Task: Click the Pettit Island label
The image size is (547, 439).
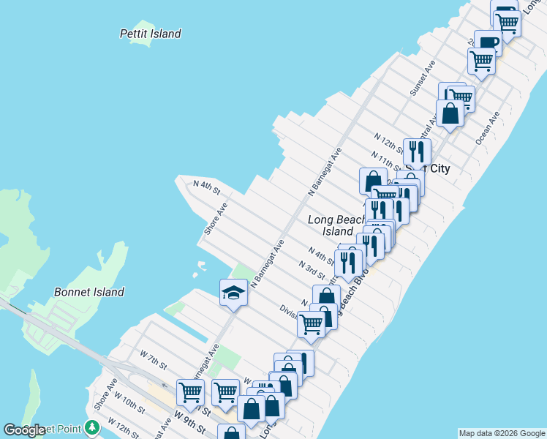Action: (150, 34)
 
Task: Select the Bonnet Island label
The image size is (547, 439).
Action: (89, 292)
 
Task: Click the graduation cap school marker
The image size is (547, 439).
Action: (233, 293)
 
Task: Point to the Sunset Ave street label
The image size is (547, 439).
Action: (423, 78)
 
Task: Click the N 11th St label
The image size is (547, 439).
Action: (385, 159)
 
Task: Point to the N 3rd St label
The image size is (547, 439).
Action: (312, 268)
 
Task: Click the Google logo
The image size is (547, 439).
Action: (24, 430)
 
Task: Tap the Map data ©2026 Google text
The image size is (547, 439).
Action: (501, 433)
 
